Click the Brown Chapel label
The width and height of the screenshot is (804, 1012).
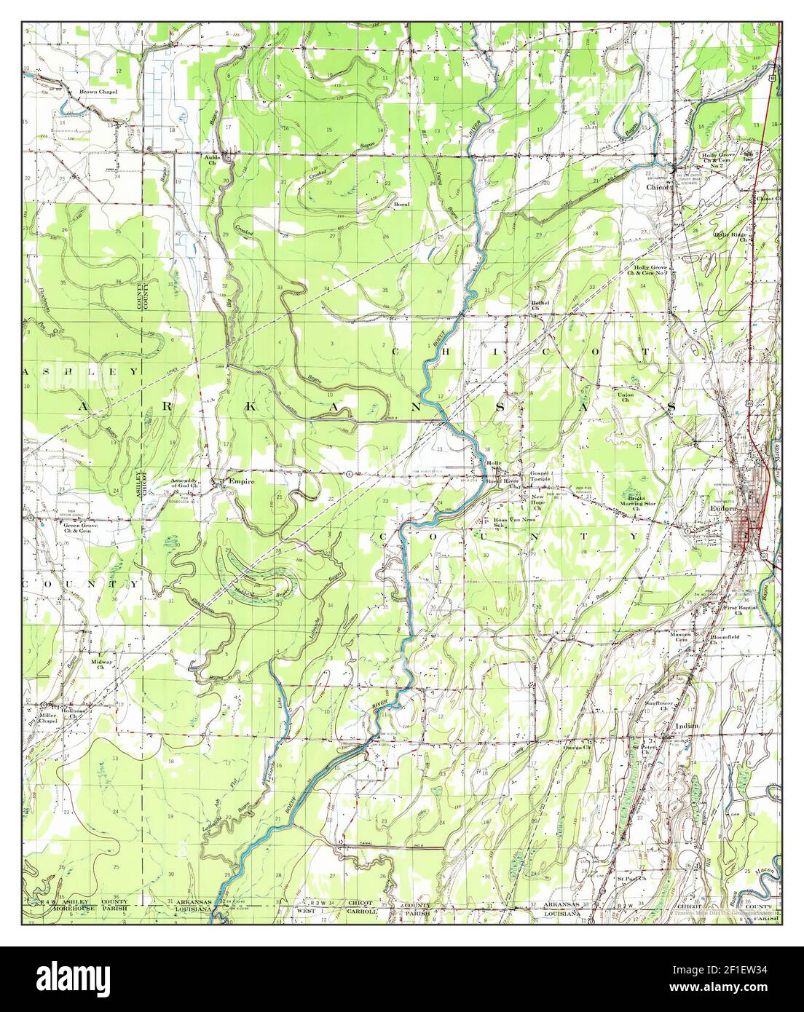pyautogui.click(x=98, y=92)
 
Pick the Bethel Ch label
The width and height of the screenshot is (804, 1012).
pyautogui.click(x=539, y=304)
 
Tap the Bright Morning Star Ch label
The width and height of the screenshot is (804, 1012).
pyautogui.click(x=638, y=502)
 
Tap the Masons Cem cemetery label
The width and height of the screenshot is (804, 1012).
pyautogui.click(x=685, y=636)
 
